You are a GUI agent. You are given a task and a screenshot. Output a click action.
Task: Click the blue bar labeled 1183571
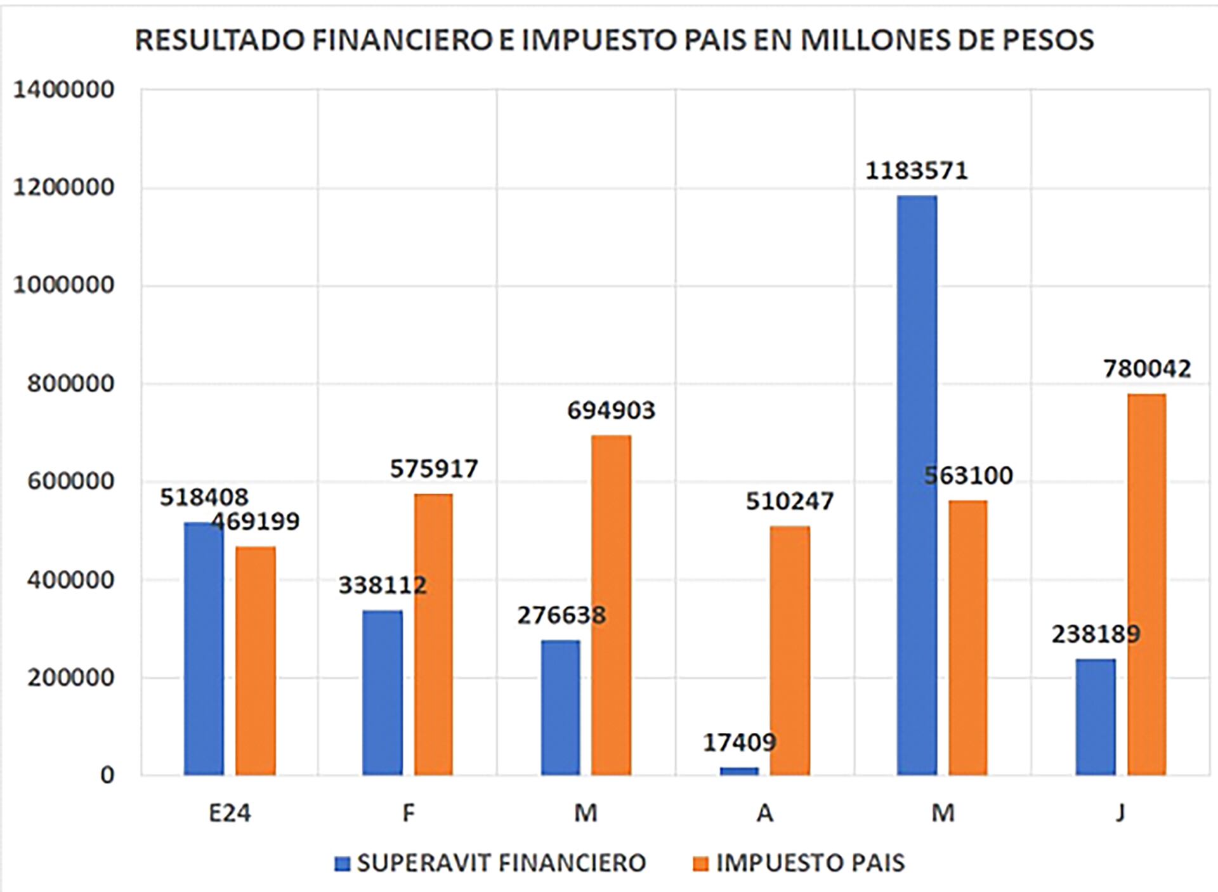(x=917, y=485)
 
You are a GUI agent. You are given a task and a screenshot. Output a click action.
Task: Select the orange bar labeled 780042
(x=1146, y=584)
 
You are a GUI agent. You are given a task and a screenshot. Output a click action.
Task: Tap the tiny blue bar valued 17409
(x=739, y=771)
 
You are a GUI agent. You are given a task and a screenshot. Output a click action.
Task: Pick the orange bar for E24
(x=256, y=660)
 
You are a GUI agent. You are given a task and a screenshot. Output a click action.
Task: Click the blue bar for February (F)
(x=383, y=692)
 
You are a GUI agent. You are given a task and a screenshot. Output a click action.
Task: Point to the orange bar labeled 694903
(x=611, y=605)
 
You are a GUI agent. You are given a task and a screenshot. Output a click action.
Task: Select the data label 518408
(x=204, y=497)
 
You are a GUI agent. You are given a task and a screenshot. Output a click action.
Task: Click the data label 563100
(x=968, y=475)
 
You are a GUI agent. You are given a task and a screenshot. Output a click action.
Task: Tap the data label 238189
(x=1096, y=634)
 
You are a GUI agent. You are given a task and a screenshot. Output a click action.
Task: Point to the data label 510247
(x=789, y=501)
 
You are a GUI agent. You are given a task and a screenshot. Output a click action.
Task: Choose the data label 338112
(x=383, y=584)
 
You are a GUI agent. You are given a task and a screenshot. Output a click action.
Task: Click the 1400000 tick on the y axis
(x=63, y=89)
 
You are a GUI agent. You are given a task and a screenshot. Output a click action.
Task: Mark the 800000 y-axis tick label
(x=70, y=383)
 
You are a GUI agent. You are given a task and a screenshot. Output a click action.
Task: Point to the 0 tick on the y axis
(x=107, y=775)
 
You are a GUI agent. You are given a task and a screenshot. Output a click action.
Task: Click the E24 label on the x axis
(x=230, y=813)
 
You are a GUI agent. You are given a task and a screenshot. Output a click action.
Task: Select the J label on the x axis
(x=1120, y=813)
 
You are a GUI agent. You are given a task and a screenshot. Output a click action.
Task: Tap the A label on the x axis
(x=764, y=813)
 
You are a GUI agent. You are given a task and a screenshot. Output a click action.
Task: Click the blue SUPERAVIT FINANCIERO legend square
(x=343, y=863)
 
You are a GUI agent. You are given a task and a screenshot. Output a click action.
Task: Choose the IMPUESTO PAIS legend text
(x=810, y=863)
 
